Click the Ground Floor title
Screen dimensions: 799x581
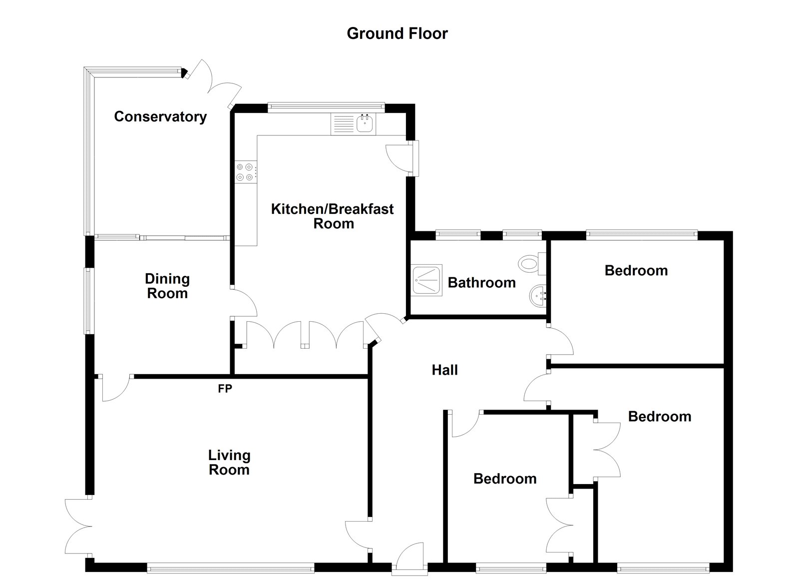[x=397, y=33]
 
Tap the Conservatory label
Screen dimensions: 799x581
[x=160, y=116]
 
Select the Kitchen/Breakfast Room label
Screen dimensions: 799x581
[x=333, y=216]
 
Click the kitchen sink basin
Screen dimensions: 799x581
[x=366, y=123]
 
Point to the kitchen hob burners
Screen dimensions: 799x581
[x=245, y=172]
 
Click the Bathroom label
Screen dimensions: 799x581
[x=481, y=283]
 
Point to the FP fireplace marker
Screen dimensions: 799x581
[x=225, y=388]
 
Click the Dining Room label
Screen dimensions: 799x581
[x=167, y=286]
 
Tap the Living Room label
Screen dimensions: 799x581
[x=229, y=462]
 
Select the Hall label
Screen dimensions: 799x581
[x=444, y=370]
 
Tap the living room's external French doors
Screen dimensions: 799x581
[x=77, y=526]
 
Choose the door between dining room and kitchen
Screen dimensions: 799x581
[x=244, y=302]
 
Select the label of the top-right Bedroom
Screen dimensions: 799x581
[x=636, y=271]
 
